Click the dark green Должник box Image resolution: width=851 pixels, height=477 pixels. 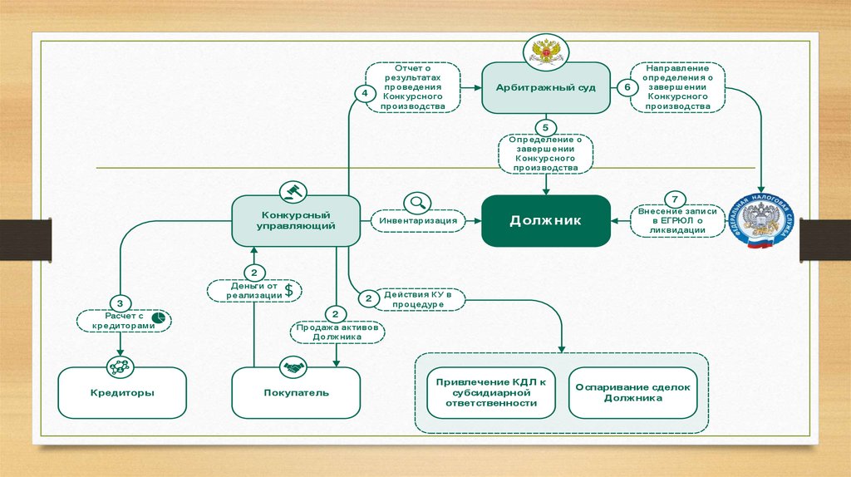pos(545,220)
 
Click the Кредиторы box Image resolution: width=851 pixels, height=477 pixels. pos(121,392)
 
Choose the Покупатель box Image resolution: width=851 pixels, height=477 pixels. pos(295,392)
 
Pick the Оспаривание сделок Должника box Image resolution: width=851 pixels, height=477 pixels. pos(632,392)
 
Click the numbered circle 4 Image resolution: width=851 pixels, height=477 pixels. pos(364,93)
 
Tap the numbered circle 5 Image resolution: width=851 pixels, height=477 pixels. pos(545,127)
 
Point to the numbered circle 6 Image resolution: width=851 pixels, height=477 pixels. pos(627,87)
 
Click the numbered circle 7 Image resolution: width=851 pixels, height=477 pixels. pos(676,199)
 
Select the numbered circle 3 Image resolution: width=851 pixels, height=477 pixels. pos(121,303)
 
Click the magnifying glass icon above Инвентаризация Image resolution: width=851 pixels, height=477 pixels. pos(416,202)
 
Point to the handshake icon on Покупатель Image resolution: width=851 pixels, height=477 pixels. pos(292,366)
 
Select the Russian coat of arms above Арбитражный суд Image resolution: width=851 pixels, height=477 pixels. pos(546,52)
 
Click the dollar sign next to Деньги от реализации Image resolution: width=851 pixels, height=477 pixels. pos(288,290)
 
